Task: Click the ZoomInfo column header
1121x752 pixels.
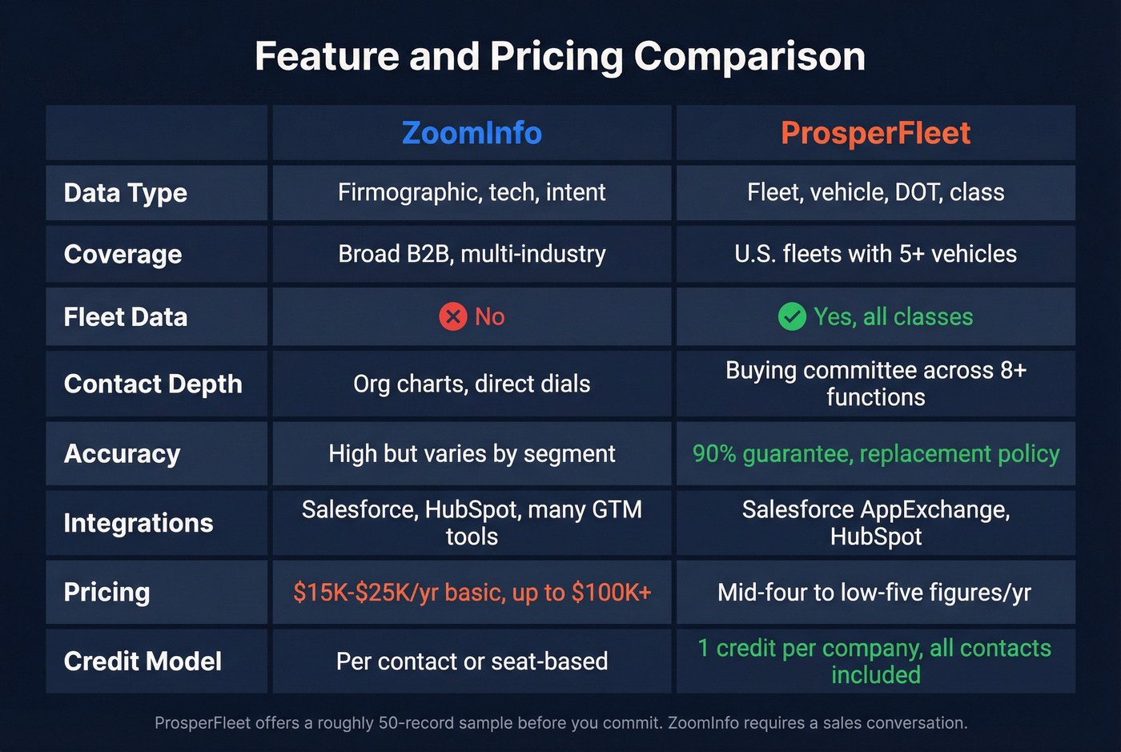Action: coord(472,133)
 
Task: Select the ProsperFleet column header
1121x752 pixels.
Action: coord(875,133)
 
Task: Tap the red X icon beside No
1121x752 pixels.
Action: coord(453,316)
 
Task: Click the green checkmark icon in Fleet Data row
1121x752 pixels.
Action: coord(792,316)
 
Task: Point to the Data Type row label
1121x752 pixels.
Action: coord(126,193)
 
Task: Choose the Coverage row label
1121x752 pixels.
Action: coord(123,255)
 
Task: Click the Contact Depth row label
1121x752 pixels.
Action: coord(153,384)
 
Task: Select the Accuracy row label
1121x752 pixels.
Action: coord(123,454)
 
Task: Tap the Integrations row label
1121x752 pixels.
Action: coord(139,523)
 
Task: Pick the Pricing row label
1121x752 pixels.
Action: coord(107,593)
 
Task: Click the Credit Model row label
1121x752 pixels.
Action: coord(143,662)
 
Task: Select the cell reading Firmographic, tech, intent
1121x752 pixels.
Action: coord(472,192)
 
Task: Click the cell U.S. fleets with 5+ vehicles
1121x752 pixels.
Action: coord(875,254)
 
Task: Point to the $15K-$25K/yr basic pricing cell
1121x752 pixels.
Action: coord(472,593)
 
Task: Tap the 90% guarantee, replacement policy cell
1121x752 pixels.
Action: coord(875,454)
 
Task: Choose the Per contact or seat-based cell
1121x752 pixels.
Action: coord(472,662)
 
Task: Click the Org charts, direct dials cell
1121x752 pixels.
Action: coord(472,384)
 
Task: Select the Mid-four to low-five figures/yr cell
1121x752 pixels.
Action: coord(874,593)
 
